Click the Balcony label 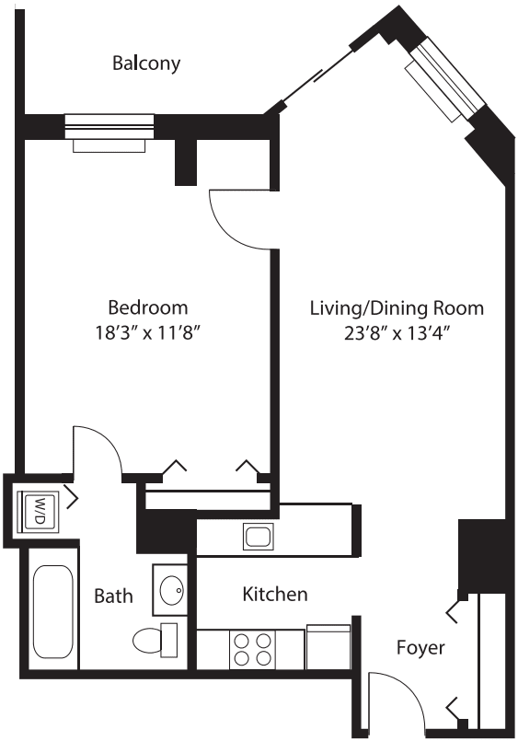tap(145, 64)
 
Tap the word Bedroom tap(148, 307)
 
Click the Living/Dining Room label tap(396, 307)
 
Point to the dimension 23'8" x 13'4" tap(396, 333)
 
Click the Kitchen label tap(274, 595)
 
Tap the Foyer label tap(420, 647)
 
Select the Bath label tap(113, 596)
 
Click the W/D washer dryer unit tap(38, 508)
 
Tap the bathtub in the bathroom tap(50, 611)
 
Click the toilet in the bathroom tap(154, 637)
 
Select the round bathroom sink tap(169, 588)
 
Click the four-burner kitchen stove tap(252, 649)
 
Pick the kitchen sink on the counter tap(255, 535)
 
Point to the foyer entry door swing tap(397, 699)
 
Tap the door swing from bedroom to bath tap(98, 451)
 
